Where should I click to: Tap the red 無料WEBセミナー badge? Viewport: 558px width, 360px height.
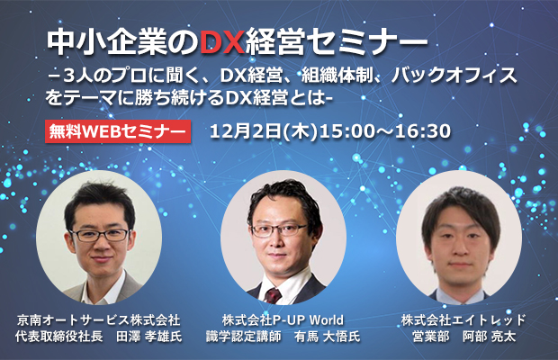pyautogui.click(x=118, y=131)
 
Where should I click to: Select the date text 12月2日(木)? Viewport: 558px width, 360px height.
pyautogui.click(x=264, y=131)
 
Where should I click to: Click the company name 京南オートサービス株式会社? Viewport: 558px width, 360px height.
pyautogui.click(x=99, y=320)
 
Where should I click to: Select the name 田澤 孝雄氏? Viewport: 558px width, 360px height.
pyautogui.click(x=149, y=337)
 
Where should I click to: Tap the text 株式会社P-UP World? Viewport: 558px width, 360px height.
pyautogui.click(x=283, y=320)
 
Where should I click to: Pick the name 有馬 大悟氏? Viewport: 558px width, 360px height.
pyautogui.click(x=327, y=337)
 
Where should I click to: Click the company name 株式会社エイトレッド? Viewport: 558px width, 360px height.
pyautogui.click(x=463, y=320)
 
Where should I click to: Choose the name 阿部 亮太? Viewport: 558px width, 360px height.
pyautogui.click(x=489, y=337)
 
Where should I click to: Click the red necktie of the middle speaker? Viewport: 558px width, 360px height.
pyautogui.click(x=273, y=295)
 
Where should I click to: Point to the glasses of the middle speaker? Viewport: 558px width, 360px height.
pyautogui.click(x=279, y=230)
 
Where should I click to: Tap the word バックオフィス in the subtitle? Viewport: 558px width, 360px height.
pyautogui.click(x=454, y=75)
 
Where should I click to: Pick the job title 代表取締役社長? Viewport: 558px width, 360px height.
pyautogui.click(x=59, y=337)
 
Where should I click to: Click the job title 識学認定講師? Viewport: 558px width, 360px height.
pyautogui.click(x=244, y=337)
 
